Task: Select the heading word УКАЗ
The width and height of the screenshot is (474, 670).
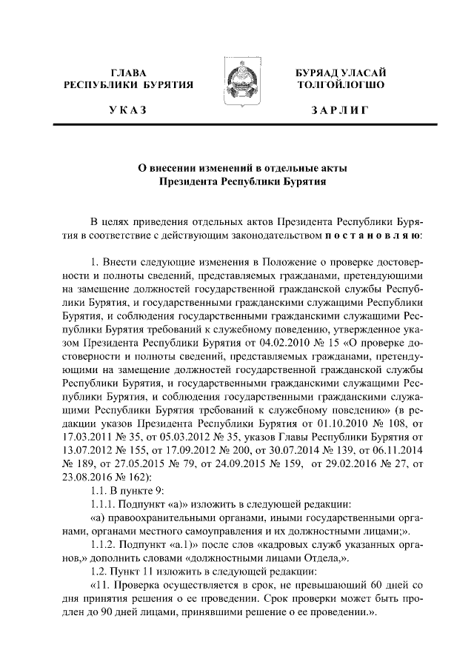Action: [128, 110]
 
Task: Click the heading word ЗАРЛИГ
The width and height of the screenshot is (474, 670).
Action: [339, 110]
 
